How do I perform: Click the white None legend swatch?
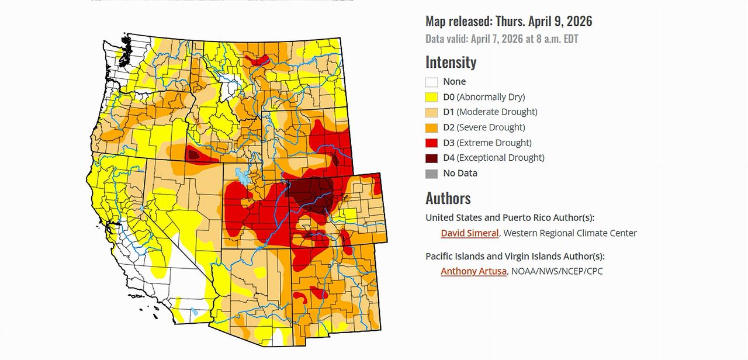pos(431,82)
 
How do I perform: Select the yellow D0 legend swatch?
pos(431,98)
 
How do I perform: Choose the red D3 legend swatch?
pos(431,143)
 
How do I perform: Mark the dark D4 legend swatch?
pos(431,158)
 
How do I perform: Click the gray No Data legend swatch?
pos(431,174)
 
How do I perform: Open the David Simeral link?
pos(469,233)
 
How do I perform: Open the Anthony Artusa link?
pos(473,271)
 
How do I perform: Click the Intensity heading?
pos(451,62)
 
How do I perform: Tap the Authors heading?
pos(448,198)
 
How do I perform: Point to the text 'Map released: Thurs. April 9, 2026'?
pos(508,22)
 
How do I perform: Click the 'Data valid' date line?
pos(501,39)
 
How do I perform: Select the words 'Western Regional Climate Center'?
pos(570,233)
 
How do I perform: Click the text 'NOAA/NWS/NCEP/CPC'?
pos(557,271)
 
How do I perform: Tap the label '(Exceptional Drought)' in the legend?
pos(500,158)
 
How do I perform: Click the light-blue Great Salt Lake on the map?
pos(241,175)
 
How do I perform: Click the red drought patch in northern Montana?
pos(257,59)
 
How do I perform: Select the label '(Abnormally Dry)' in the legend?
pos(491,97)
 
